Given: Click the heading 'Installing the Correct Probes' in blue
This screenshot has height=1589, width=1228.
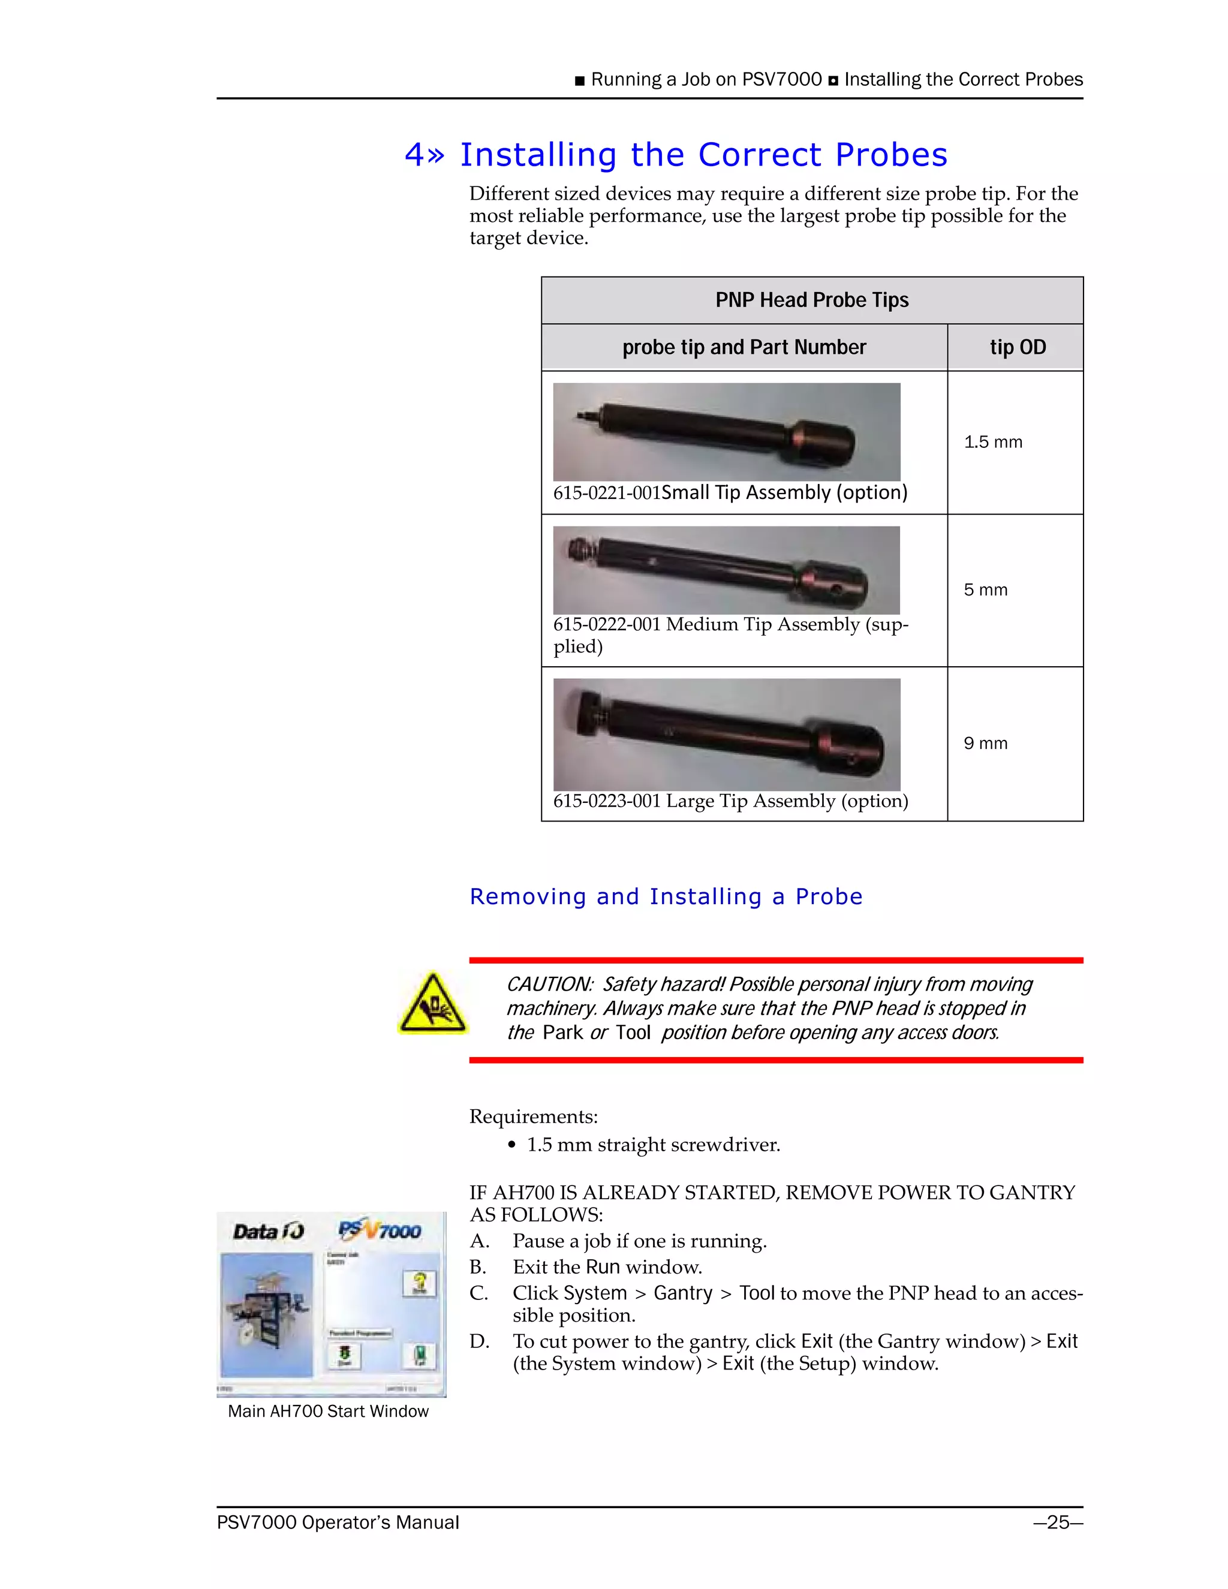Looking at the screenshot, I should click(703, 155).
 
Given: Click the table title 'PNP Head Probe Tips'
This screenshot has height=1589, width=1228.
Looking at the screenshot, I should click(811, 300).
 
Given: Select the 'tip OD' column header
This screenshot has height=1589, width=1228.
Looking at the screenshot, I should click(1017, 348).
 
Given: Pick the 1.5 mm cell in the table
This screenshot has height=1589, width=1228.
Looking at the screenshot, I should click(993, 443).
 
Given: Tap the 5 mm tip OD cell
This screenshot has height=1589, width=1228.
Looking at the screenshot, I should click(986, 590).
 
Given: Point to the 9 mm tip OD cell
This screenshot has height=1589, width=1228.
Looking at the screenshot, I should click(986, 744).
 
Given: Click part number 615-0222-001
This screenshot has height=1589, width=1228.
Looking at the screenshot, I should click(607, 625).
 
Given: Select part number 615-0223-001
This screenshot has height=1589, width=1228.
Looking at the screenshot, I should click(607, 801).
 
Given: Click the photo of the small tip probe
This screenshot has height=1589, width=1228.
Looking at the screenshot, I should click(726, 432).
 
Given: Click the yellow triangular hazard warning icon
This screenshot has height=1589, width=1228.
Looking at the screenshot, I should click(433, 1004).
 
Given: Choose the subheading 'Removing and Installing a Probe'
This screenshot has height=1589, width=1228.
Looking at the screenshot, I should click(666, 896).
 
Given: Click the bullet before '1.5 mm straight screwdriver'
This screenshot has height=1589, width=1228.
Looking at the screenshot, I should click(512, 1145).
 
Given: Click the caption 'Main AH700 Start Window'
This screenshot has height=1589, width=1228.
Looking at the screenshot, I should click(328, 1412).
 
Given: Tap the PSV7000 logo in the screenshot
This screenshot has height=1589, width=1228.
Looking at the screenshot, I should click(380, 1230).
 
